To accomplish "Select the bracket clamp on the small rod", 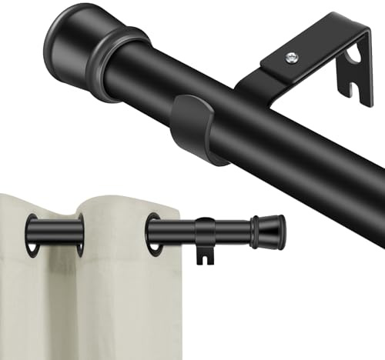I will [204, 232].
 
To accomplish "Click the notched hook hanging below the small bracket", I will [203, 255].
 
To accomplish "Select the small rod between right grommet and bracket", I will [174, 232].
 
